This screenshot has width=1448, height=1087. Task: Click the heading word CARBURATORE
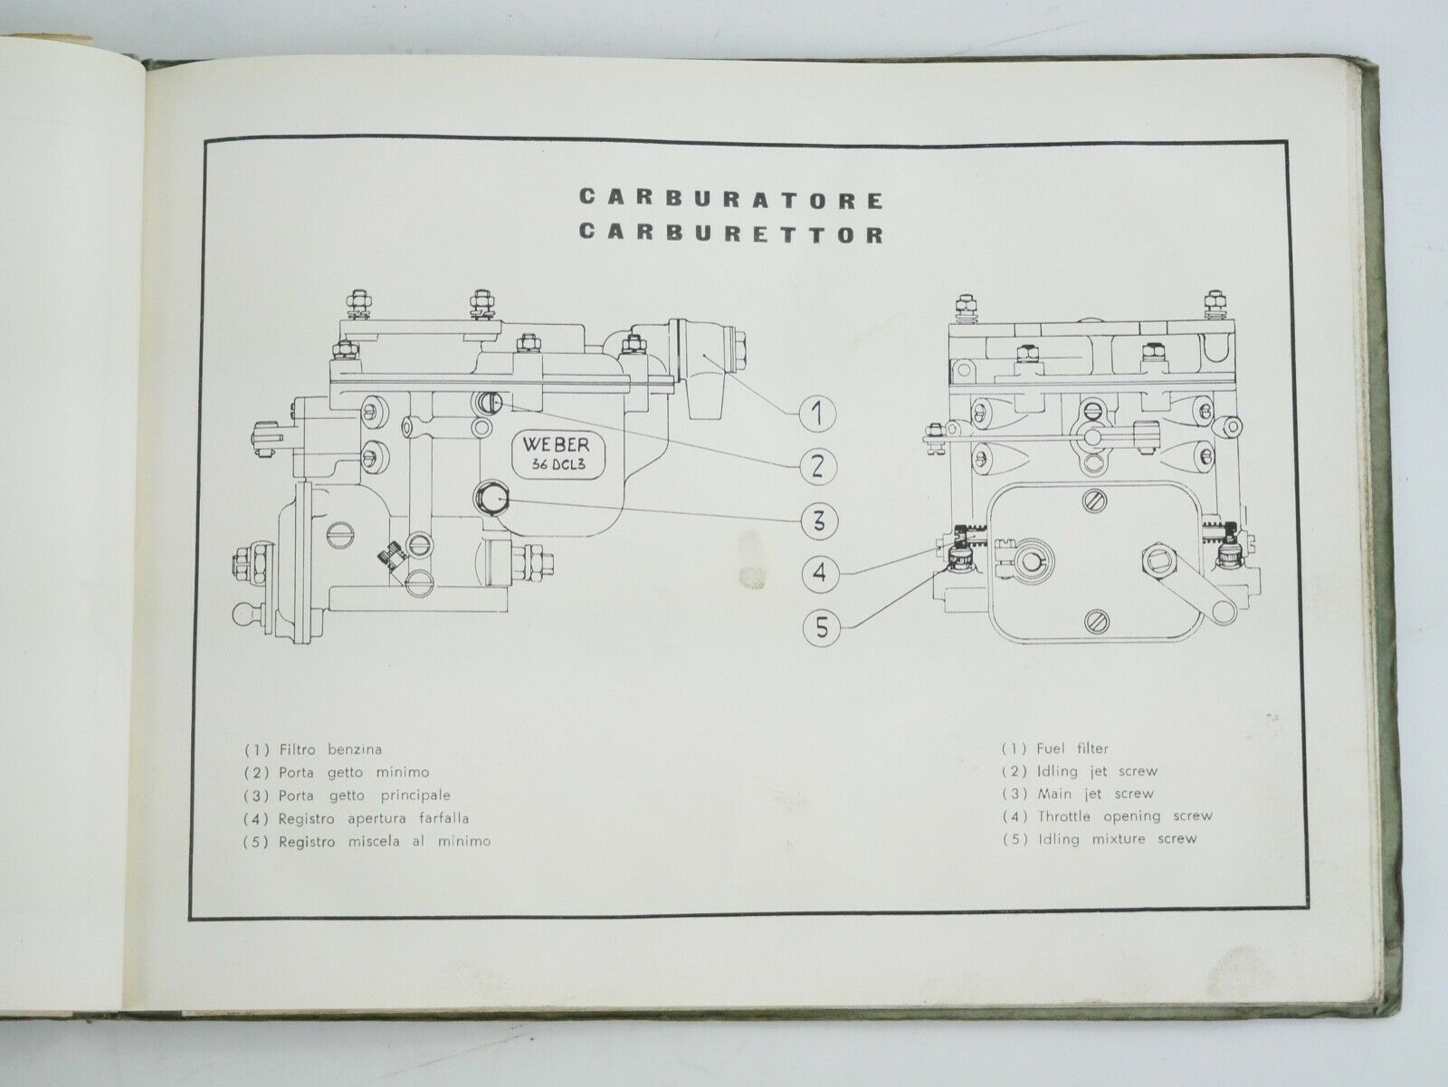731,199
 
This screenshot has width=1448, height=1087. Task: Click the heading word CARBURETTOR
731,234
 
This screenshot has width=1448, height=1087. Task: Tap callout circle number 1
817,414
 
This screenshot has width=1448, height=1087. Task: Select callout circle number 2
817,467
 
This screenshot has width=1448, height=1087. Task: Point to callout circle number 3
819,521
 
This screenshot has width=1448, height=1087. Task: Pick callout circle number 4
820,572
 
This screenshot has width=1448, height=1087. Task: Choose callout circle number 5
822,626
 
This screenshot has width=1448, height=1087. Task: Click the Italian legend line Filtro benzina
313,750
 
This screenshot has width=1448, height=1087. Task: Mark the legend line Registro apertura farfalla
357,819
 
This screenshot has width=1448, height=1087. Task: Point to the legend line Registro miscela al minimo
367,843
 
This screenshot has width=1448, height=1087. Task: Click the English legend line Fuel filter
1055,749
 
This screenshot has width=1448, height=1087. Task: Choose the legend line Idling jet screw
1080,771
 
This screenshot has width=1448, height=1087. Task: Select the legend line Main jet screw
1078,794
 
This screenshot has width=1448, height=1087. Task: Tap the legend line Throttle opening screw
1108,816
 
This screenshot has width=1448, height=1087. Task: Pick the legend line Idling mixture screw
1100,840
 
